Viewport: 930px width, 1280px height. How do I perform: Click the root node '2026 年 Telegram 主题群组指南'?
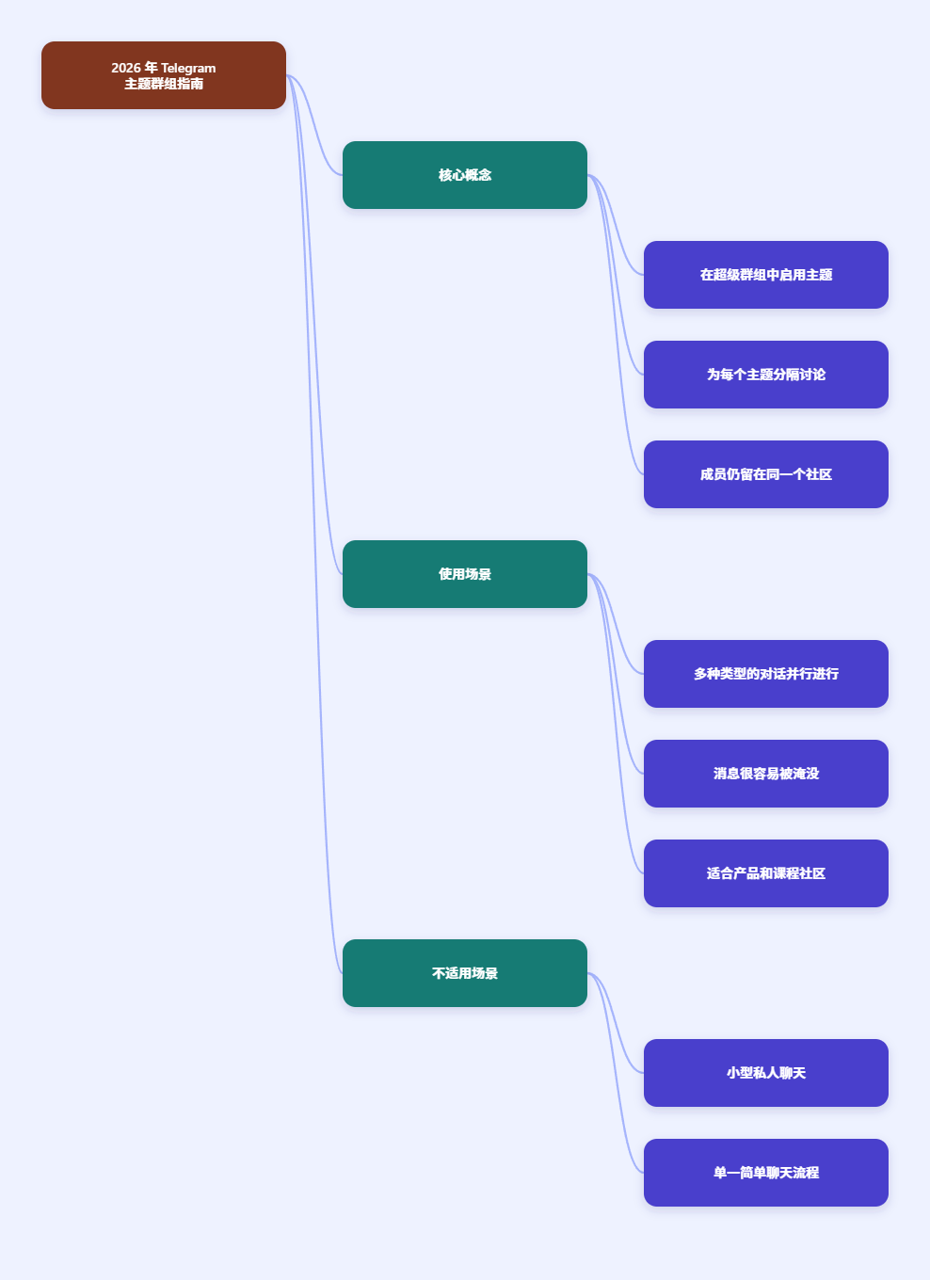click(x=164, y=75)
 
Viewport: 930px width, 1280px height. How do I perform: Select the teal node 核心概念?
click(x=465, y=175)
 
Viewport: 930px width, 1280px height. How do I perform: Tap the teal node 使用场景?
click(x=465, y=574)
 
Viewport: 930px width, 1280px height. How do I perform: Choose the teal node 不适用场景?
click(x=465, y=973)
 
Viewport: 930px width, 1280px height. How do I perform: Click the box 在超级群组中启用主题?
click(x=766, y=275)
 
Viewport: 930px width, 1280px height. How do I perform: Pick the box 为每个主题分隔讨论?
click(x=766, y=375)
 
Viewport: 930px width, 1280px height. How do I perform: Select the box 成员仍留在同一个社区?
click(x=766, y=474)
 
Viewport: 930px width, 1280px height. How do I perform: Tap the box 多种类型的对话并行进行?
click(x=766, y=674)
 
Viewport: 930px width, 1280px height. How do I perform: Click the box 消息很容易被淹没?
click(x=766, y=774)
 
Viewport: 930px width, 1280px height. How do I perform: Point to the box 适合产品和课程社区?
click(x=766, y=873)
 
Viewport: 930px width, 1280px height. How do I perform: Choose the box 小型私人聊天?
click(x=766, y=1073)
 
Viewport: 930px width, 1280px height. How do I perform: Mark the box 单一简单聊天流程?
click(x=766, y=1173)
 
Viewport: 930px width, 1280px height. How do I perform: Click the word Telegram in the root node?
click(x=188, y=68)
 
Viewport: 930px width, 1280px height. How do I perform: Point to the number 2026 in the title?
click(x=126, y=68)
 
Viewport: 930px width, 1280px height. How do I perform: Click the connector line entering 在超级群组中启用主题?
click(x=616, y=225)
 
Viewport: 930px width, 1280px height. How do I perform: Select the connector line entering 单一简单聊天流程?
click(x=616, y=1073)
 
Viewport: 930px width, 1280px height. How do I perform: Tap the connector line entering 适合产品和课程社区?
click(x=616, y=724)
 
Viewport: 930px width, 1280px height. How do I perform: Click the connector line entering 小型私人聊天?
click(x=616, y=1023)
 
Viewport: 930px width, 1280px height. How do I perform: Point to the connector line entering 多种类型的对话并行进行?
click(x=616, y=624)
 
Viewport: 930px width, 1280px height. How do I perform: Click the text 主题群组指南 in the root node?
click(x=164, y=84)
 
